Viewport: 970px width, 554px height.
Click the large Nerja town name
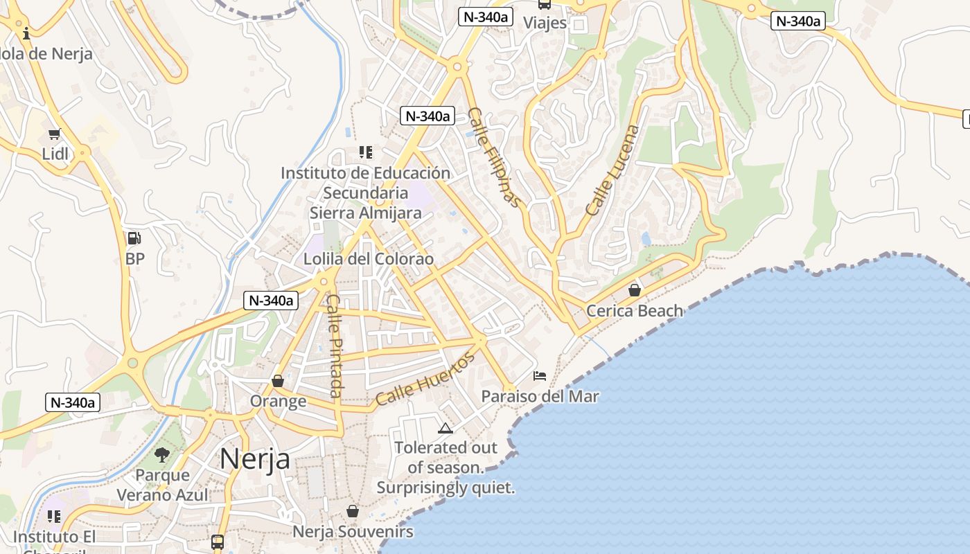click(x=255, y=458)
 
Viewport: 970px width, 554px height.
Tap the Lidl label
click(x=55, y=154)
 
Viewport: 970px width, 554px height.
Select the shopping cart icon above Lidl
click(x=54, y=134)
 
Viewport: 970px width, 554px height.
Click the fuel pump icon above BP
click(x=134, y=238)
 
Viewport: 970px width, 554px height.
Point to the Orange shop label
click(x=278, y=401)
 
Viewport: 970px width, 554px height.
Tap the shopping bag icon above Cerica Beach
click(x=634, y=290)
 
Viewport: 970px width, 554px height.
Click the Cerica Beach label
click(x=635, y=311)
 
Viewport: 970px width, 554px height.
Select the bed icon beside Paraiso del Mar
click(x=540, y=376)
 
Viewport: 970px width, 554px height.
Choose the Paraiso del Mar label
click(x=540, y=396)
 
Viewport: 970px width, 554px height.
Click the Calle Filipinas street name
click(x=494, y=157)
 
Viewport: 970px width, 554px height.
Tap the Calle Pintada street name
click(x=335, y=346)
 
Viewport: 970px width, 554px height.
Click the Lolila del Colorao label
click(x=369, y=259)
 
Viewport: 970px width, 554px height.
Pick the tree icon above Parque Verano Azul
click(x=162, y=455)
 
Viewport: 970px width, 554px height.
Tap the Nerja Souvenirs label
click(x=353, y=532)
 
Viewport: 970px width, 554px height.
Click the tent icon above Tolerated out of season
click(x=445, y=428)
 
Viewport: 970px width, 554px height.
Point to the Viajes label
click(x=545, y=23)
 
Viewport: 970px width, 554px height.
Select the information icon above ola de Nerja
click(x=26, y=33)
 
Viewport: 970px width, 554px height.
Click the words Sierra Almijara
click(x=365, y=213)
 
